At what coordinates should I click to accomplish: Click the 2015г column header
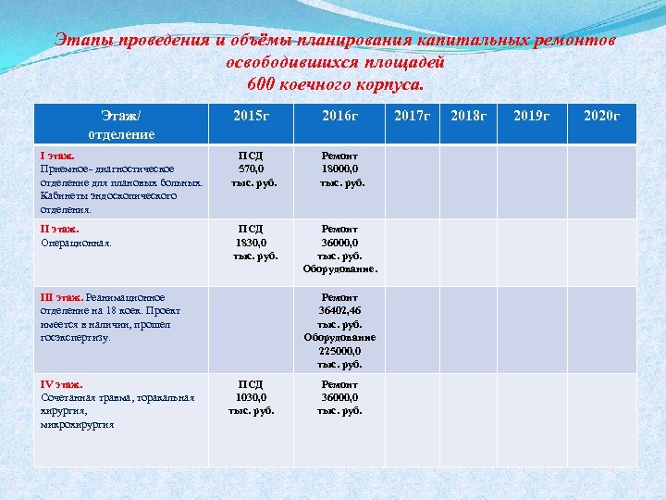tap(251, 116)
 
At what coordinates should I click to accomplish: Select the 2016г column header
tap(339, 116)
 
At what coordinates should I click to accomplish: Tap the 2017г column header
tap(413, 116)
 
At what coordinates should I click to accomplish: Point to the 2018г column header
tap(467, 116)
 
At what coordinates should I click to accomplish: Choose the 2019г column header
tap(531, 116)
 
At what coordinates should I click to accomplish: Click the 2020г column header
tap(601, 116)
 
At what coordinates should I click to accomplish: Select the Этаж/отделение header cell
tap(121, 125)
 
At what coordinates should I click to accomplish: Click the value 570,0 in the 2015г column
tap(251, 169)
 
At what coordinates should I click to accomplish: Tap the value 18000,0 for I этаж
tap(339, 169)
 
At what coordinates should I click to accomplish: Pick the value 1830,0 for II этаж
tap(251, 242)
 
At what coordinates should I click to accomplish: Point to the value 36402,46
tap(339, 312)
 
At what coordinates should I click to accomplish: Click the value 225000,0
tap(339, 351)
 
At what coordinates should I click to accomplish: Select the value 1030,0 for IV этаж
tap(251, 397)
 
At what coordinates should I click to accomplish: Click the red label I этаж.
tap(57, 156)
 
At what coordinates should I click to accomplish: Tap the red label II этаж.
tap(60, 229)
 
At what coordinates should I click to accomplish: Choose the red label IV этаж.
tap(62, 384)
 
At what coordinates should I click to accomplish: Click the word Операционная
tap(77, 243)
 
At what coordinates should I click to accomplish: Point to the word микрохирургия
tap(78, 424)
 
